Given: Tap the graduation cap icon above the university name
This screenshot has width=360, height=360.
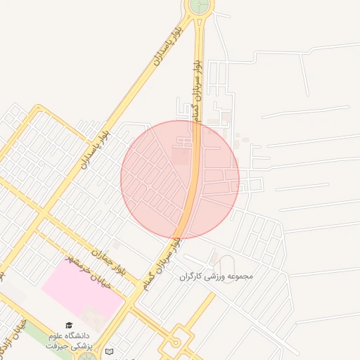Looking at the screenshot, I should click(69, 326).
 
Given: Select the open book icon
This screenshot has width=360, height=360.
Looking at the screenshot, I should click(108, 351).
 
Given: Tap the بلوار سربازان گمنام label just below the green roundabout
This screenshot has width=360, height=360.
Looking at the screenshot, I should click(198, 84).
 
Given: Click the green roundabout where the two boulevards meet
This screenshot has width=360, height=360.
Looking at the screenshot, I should click(199, 6).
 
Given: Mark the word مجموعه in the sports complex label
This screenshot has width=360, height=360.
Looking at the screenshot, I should click(240, 276).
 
